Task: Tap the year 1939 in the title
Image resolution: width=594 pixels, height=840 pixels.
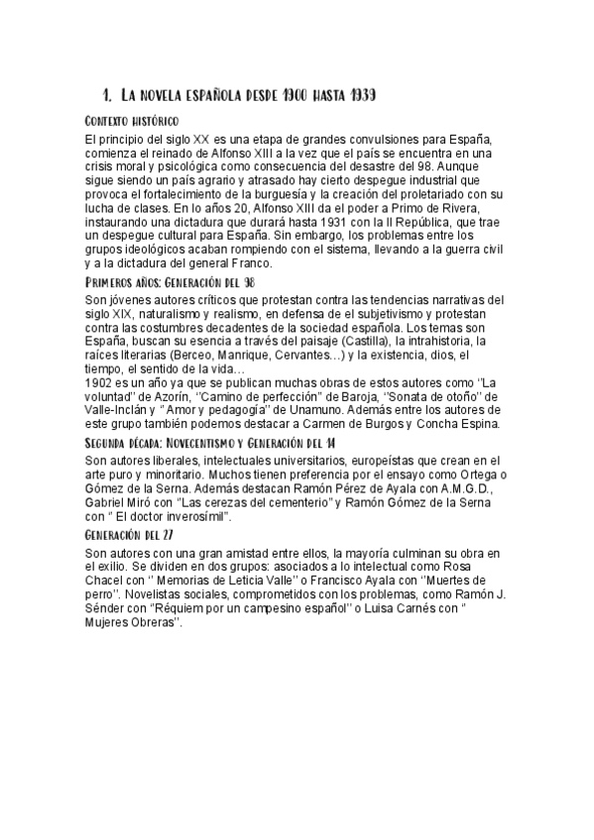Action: (357, 96)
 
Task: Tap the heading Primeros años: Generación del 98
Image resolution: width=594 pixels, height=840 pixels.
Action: (171, 282)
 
